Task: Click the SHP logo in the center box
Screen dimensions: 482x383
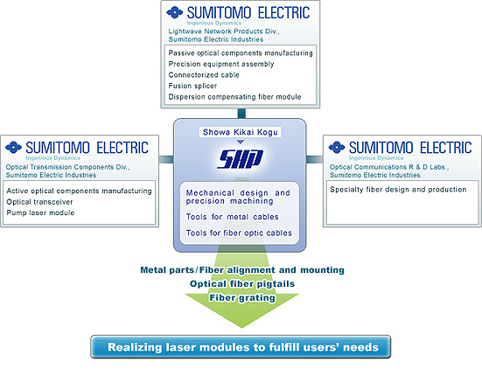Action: (240, 159)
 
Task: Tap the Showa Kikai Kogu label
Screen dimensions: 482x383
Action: (240, 132)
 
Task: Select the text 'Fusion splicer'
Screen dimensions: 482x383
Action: (192, 86)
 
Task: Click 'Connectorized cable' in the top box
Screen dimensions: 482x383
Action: (204, 74)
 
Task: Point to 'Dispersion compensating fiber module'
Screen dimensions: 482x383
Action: (234, 97)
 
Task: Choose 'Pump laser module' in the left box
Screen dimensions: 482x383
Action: (40, 212)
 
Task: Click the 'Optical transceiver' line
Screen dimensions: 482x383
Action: (39, 202)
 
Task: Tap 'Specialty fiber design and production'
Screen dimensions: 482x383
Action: (398, 190)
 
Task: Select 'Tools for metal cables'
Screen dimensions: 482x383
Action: (232, 217)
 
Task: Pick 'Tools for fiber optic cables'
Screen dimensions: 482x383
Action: (239, 233)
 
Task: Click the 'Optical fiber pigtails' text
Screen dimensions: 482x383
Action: (242, 283)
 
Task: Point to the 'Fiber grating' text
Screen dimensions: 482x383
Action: (242, 297)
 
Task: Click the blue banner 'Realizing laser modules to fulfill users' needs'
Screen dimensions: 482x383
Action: (241, 347)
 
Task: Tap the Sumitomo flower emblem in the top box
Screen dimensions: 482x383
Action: (175, 12)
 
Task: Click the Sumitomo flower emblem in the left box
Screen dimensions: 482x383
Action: (13, 148)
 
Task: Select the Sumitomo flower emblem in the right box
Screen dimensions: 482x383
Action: (337, 148)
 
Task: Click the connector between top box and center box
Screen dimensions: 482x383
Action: (241, 114)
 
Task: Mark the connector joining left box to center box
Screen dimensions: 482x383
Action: (166, 159)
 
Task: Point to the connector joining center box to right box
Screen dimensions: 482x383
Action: (314, 159)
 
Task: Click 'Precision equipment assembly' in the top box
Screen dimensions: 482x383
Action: (221, 64)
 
